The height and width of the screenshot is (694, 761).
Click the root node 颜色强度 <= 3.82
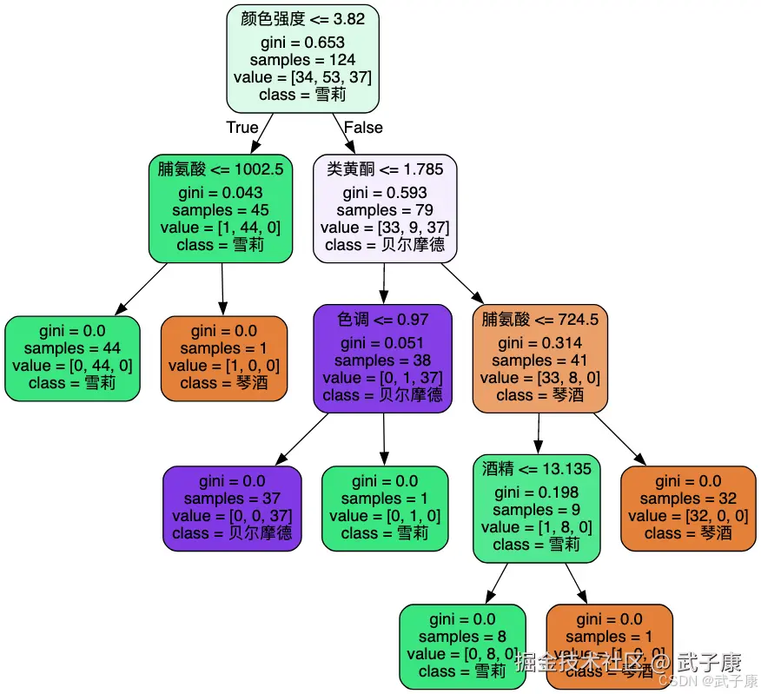(302, 58)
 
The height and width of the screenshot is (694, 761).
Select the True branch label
(242, 128)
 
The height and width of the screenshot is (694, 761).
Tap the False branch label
(363, 128)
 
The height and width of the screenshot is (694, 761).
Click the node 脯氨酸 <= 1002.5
(221, 208)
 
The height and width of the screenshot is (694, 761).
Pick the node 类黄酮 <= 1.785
(385, 208)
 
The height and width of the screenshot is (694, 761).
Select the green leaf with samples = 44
(72, 358)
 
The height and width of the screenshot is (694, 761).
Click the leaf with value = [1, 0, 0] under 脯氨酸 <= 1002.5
(224, 358)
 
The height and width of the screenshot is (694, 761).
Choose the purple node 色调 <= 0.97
(382, 358)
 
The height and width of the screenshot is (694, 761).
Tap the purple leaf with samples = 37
(232, 508)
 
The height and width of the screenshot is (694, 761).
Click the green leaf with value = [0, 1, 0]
(385, 508)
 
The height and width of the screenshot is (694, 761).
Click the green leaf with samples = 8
(462, 646)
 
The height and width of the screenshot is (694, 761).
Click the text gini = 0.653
(302, 43)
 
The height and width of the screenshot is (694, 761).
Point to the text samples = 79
(385, 210)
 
